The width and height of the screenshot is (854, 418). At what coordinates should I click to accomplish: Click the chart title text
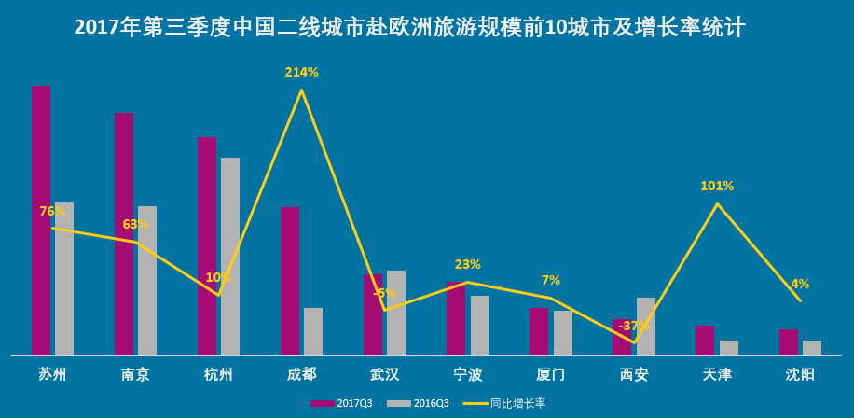tap(409, 27)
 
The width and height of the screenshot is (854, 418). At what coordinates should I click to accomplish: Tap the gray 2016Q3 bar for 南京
tap(147, 280)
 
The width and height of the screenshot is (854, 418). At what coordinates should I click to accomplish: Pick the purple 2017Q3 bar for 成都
tap(290, 280)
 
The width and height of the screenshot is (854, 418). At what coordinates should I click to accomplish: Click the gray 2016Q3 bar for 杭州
tap(230, 257)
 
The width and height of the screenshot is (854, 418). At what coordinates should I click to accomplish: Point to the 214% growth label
tap(301, 72)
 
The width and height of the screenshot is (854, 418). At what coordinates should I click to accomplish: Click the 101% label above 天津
tap(717, 186)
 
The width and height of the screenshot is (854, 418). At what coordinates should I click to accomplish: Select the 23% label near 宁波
tap(468, 264)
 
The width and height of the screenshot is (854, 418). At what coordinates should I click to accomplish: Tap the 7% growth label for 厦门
tap(551, 280)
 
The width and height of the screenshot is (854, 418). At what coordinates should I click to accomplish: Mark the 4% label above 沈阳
tap(800, 284)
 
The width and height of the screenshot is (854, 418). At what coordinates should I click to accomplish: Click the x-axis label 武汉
tap(385, 374)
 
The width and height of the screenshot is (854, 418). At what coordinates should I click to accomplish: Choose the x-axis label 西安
tap(634, 374)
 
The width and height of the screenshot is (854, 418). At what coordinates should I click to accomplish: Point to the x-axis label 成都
tap(301, 374)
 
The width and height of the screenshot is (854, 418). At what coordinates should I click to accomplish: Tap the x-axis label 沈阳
tap(800, 374)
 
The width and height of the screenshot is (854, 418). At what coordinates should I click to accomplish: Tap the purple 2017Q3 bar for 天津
tap(705, 341)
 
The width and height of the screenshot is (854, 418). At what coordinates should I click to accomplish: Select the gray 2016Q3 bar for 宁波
tap(480, 326)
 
